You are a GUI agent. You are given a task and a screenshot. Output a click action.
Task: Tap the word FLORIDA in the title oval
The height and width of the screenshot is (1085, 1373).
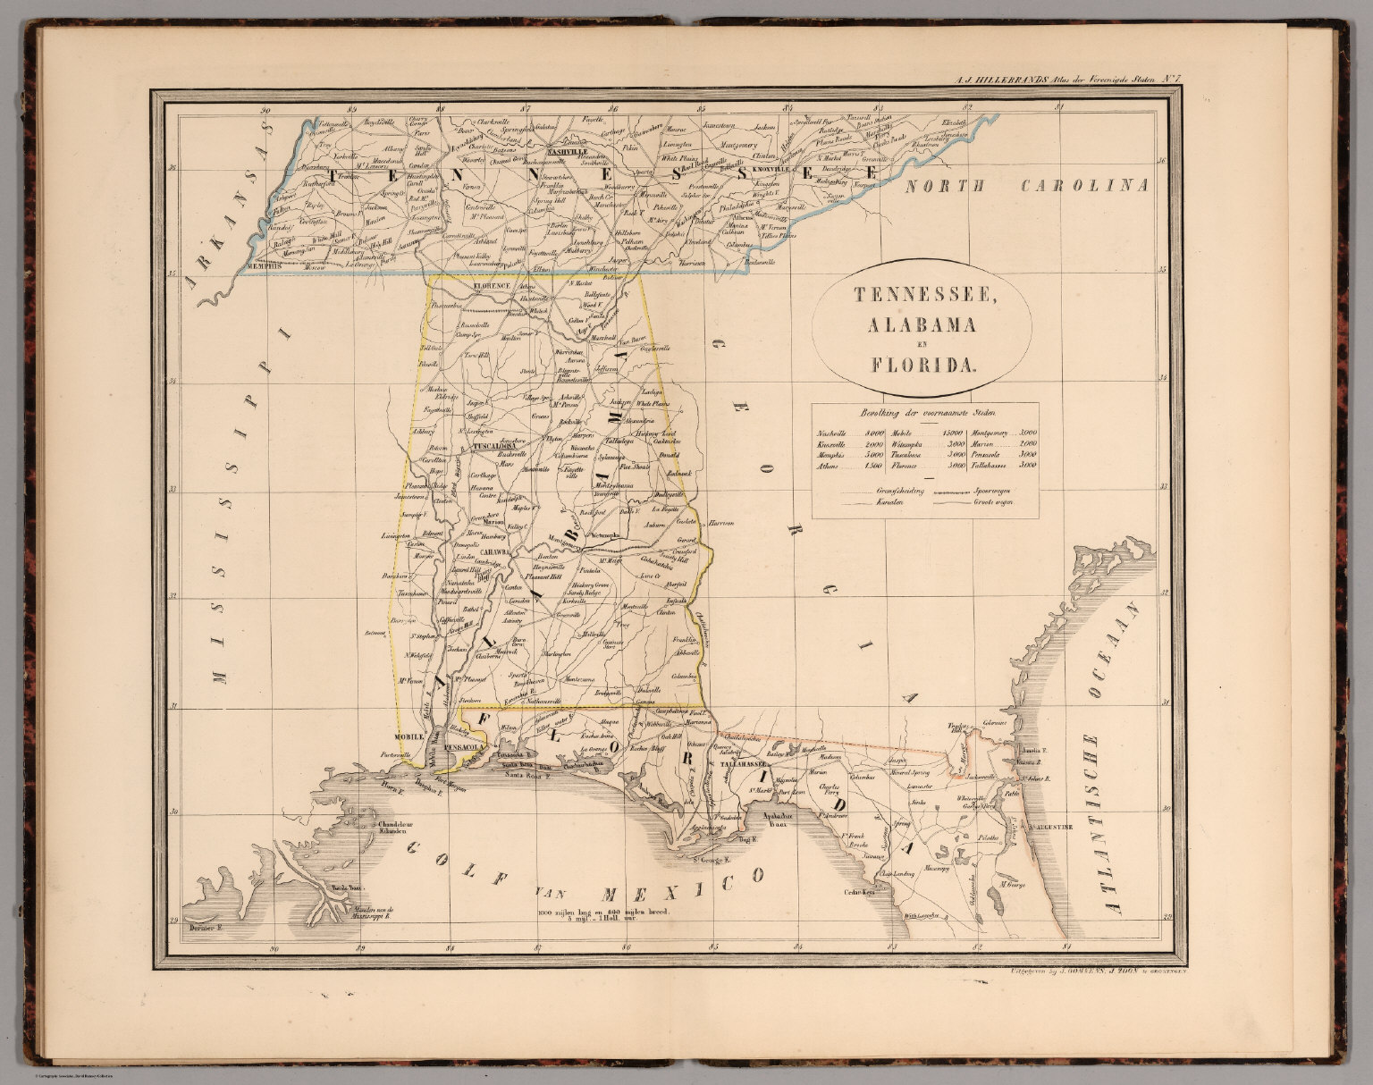[x=921, y=364]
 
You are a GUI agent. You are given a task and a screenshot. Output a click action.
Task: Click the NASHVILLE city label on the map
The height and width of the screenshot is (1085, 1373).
[x=563, y=152]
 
